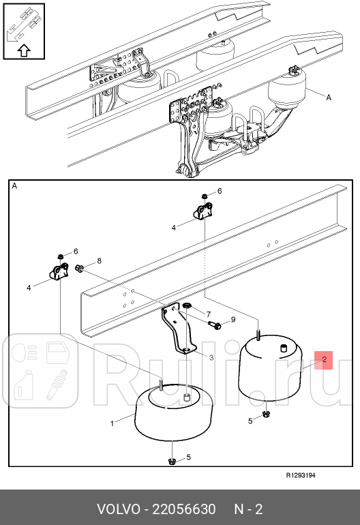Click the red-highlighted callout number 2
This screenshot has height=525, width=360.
(x=324, y=359)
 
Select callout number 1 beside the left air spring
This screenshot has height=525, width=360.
(x=112, y=424)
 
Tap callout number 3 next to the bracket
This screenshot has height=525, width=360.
(x=211, y=357)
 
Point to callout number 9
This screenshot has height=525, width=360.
(x=232, y=319)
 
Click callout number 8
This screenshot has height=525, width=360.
(x=99, y=260)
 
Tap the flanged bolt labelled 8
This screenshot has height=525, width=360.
(x=80, y=269)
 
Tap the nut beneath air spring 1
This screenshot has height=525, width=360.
(x=172, y=463)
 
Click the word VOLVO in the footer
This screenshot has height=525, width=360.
(x=117, y=509)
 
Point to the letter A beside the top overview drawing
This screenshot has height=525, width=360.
(x=328, y=97)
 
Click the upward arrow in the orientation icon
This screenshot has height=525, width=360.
(x=22, y=48)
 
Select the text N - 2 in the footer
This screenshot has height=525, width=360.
(x=248, y=509)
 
